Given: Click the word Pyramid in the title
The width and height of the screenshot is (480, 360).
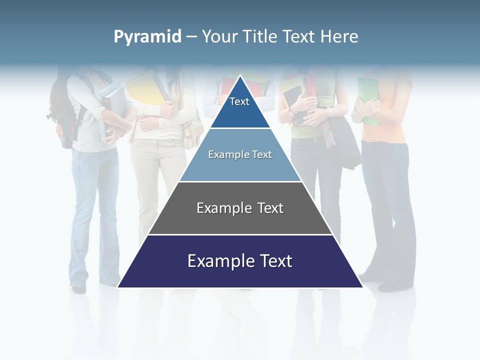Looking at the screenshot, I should pyautogui.click(x=147, y=37).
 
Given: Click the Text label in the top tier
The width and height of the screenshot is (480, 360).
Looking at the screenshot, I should pyautogui.click(x=239, y=101).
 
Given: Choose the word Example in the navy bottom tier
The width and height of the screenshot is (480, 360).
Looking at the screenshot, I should pyautogui.click(x=219, y=261).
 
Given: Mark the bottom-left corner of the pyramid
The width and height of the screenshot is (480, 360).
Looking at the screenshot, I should pyautogui.click(x=118, y=287).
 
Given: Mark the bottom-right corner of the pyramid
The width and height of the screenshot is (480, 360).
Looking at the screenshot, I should pyautogui.click(x=362, y=287).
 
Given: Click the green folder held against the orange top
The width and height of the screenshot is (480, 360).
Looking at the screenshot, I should pyautogui.click(x=368, y=97).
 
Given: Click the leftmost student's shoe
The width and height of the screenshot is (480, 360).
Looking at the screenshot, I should pyautogui.click(x=78, y=288).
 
